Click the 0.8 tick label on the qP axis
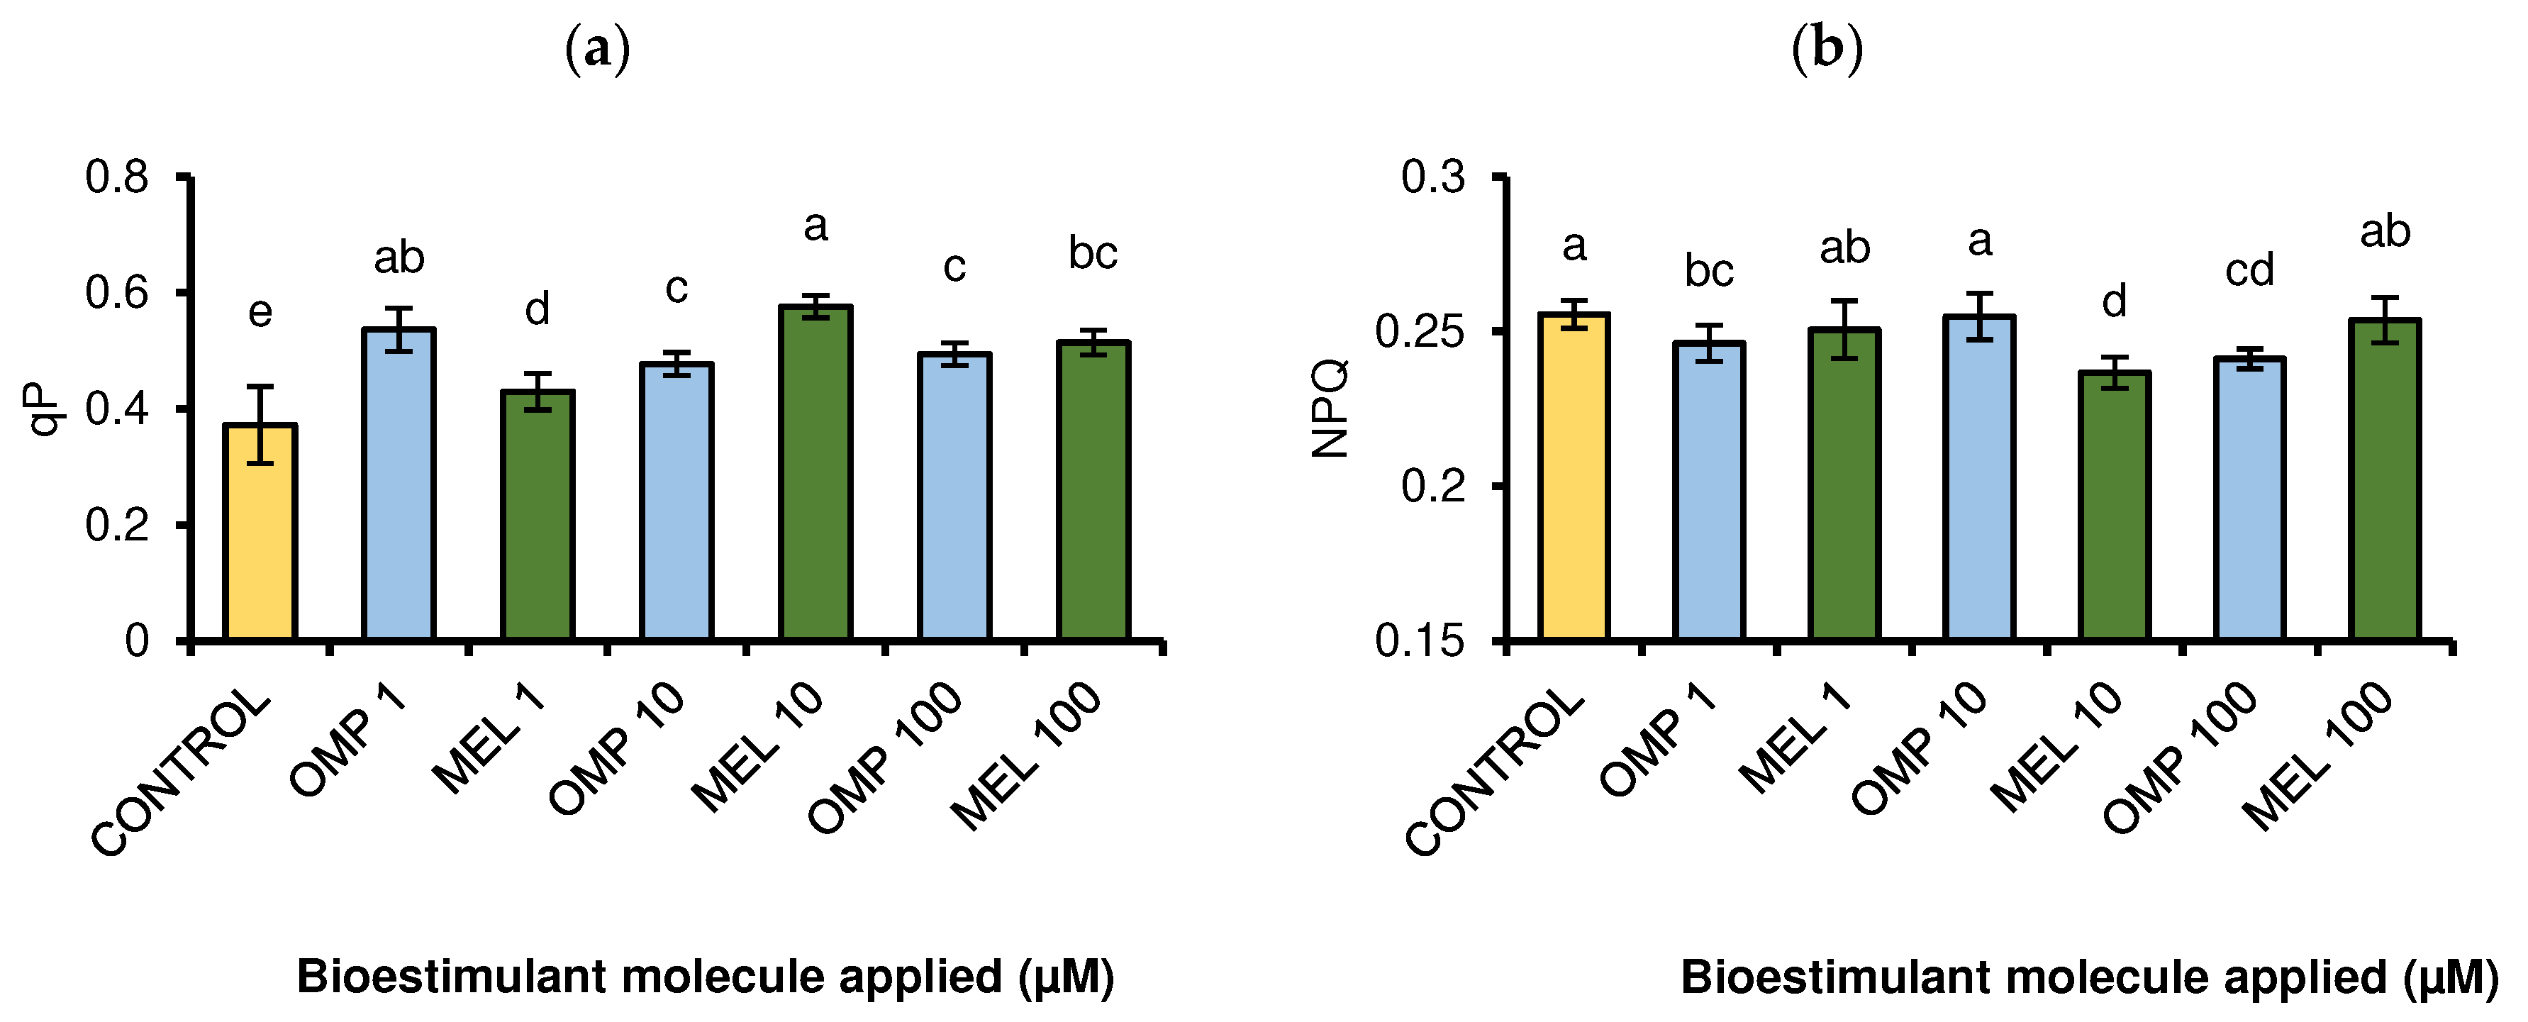point(117,178)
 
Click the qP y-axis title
point(43,409)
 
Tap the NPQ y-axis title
point(1331,409)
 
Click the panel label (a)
point(598,49)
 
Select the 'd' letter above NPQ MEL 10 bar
point(2114,301)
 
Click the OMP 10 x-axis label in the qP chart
point(616,748)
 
